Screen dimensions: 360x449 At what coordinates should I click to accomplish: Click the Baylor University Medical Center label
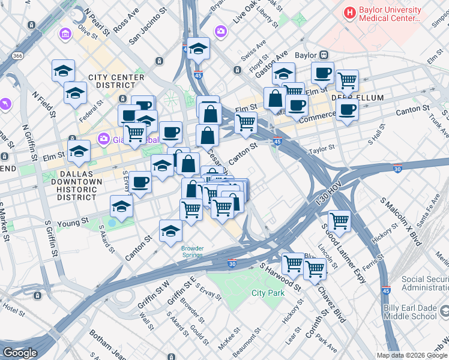389,14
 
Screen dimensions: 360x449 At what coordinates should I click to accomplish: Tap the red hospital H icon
349,12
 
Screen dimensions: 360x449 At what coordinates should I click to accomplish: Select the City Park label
268,293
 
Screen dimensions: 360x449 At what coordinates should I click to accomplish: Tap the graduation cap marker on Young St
122,206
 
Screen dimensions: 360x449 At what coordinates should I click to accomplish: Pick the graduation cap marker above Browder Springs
170,231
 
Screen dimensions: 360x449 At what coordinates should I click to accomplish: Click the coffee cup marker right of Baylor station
322,73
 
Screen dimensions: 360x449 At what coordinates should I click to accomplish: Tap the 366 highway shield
17,56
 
